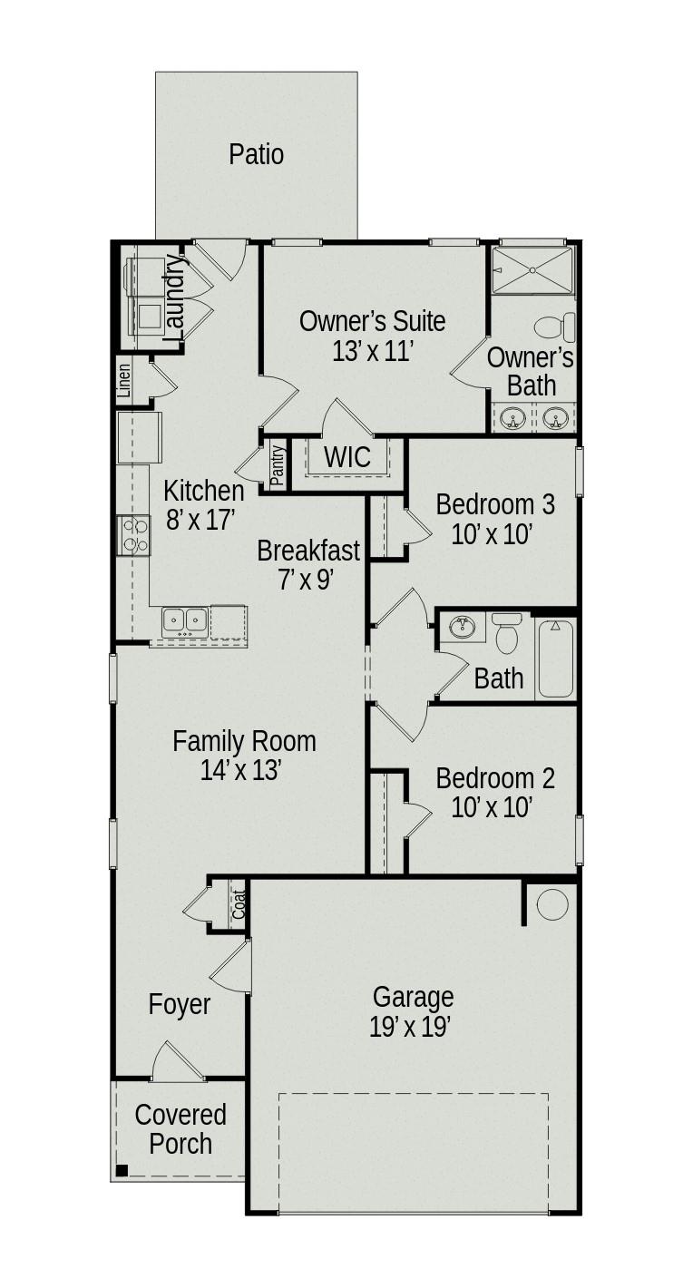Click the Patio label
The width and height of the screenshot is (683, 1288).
256,154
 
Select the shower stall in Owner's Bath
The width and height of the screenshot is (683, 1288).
532,270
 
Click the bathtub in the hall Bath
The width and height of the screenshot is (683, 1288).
555,658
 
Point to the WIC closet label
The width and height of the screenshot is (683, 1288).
347,457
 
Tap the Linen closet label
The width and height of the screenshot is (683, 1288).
124,382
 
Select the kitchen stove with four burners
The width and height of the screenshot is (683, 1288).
134,534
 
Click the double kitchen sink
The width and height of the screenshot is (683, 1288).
185,621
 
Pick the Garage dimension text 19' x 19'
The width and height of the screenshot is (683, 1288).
411,1027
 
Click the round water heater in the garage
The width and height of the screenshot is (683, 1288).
552,904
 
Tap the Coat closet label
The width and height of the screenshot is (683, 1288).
239,904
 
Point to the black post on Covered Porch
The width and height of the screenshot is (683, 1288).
122,1170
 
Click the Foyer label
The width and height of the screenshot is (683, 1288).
180,1005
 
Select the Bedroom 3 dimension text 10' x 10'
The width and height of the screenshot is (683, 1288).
491,534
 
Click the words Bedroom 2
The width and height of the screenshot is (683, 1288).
495,778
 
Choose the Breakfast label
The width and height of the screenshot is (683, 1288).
308,551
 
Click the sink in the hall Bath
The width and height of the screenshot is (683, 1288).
463,626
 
